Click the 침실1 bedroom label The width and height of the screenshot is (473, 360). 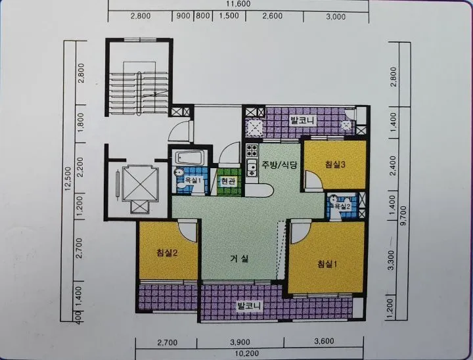click(x=327, y=264)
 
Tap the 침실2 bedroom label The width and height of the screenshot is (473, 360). click(x=167, y=252)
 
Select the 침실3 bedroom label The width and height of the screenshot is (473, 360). click(x=335, y=164)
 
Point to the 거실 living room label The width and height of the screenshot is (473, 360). click(x=239, y=259)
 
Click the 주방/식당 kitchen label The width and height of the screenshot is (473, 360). click(x=280, y=165)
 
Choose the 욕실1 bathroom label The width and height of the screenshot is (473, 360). click(x=192, y=181)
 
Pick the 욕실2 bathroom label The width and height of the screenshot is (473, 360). click(x=342, y=206)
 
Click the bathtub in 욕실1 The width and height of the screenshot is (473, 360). click(x=191, y=157)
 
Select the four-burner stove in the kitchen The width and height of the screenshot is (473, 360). click(x=252, y=150)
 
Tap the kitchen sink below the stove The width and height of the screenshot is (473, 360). click(x=251, y=168)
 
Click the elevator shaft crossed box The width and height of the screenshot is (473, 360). click(x=141, y=183)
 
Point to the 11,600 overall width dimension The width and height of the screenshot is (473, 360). click(x=238, y=4)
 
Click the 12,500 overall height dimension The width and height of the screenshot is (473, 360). click(x=68, y=179)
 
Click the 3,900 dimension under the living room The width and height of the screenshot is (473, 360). click(x=240, y=342)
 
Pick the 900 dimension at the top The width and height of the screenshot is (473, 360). click(x=183, y=16)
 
